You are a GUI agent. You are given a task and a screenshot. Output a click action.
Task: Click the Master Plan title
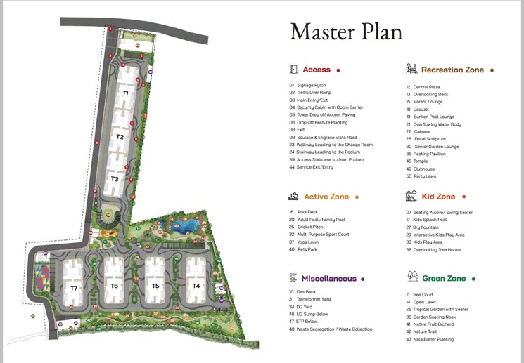pos(346,32)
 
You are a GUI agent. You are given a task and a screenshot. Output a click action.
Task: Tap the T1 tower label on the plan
pos(125,93)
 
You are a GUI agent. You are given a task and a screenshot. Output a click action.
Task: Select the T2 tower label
pos(120,137)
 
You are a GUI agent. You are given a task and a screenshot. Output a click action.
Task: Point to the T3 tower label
pos(115,179)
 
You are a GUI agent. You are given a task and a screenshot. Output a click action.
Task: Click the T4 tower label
pos(196,286)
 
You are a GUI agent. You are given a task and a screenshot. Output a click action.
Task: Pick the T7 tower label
pos(74,289)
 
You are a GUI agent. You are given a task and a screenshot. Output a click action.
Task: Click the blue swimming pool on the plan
pos(186,227)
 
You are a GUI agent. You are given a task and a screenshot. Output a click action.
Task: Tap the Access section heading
pos(316,70)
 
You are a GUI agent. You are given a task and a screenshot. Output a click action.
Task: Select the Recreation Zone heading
pos(452,70)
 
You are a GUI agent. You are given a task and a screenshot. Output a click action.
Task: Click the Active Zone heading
pos(326,197)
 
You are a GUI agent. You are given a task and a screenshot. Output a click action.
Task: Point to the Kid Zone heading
pos(438,197)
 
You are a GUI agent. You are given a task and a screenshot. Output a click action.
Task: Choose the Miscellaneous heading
pos(328,279)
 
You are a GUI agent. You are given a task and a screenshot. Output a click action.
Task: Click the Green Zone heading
pos(443,279)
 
